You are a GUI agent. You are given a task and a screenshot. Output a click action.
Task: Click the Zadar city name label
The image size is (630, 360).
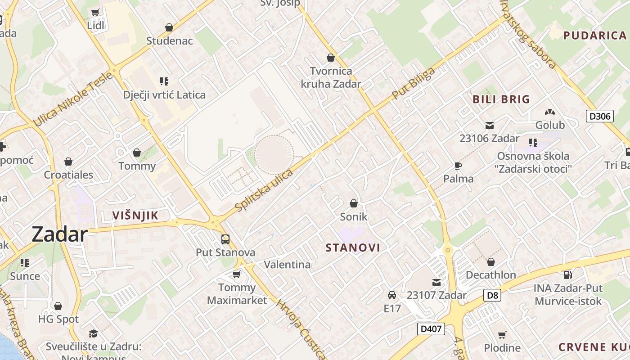59,234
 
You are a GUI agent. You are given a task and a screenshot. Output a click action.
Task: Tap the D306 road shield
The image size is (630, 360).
600,116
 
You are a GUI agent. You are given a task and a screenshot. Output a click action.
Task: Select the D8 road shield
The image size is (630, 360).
492,295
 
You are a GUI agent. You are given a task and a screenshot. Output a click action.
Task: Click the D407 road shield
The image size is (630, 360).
431,329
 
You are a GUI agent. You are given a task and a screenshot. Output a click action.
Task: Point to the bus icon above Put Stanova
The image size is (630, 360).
225,239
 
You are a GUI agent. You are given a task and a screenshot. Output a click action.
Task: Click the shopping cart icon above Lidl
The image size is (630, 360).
95,12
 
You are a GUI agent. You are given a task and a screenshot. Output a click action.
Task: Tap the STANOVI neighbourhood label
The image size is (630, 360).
353,247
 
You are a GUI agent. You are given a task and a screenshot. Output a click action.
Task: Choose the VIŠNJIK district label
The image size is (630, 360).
135,216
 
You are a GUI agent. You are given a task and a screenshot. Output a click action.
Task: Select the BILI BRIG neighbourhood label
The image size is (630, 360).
501,99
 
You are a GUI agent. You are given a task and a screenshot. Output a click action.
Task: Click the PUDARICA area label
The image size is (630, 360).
594,36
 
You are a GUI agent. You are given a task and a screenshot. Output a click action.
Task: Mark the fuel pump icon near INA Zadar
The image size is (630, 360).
567,274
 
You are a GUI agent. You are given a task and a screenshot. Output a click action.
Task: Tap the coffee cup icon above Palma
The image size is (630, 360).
458,166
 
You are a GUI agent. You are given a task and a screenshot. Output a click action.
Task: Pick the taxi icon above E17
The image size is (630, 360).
392,295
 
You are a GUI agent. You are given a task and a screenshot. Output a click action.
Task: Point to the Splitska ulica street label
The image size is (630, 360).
264,189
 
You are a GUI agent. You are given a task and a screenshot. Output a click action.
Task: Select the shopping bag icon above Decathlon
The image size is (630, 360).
491,261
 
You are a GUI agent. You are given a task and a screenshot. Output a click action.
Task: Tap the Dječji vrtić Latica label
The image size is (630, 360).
164,95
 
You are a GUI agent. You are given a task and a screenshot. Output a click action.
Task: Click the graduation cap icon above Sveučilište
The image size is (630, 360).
93,333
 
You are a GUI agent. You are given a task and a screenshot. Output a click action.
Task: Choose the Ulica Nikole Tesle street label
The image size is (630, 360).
73,99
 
